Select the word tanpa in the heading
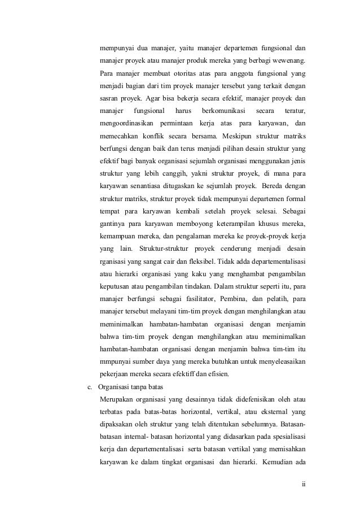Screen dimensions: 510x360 click(143, 387)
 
